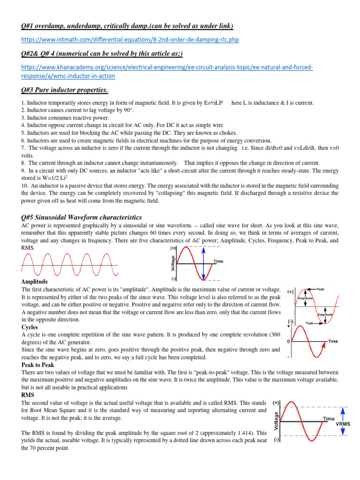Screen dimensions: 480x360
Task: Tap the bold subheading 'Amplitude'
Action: point(36,281)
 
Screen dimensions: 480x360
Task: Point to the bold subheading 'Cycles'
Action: point(31,327)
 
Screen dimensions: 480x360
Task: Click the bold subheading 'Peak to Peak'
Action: point(38,364)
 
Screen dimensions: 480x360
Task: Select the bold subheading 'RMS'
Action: point(29,395)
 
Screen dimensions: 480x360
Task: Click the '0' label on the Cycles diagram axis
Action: point(288,342)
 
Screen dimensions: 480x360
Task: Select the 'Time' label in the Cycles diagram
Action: point(332,342)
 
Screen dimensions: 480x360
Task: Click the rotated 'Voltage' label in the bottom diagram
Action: point(276,421)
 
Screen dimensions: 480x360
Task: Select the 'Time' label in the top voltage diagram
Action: point(218,261)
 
